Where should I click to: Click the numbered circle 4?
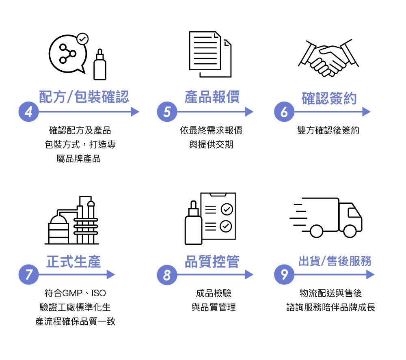pos(28,112)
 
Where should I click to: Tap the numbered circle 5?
pos(167,112)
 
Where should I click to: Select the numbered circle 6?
pos(284,112)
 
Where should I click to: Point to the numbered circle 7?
pos(28,275)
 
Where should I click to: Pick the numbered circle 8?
pos(167,275)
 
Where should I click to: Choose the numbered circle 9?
pos(284,275)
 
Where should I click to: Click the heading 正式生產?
pos(73,261)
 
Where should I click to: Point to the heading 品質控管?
pos(212,261)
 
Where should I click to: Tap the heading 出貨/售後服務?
pos(335,261)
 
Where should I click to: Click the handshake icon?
pos(328,58)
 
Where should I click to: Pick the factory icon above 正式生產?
pos(72,221)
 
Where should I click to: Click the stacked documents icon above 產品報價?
pos(210,54)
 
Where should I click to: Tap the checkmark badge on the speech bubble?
pos(82,39)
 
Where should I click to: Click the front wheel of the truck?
pos(350,231)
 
